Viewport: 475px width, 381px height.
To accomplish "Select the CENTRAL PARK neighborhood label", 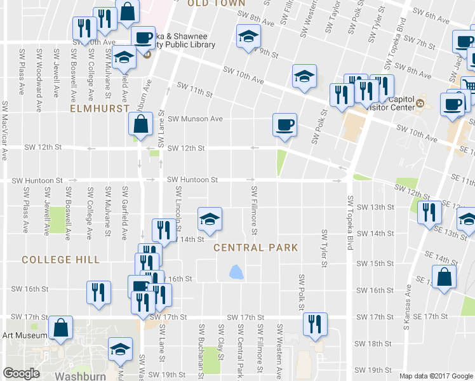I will (247, 247).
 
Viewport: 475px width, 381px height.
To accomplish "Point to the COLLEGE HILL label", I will (60, 260).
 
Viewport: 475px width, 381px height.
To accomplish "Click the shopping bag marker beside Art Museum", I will (62, 328).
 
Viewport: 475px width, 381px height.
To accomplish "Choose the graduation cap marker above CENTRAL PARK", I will (210, 219).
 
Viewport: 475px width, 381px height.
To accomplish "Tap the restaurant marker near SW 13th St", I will (430, 212).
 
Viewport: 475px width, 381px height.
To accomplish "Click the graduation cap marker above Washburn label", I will (119, 349).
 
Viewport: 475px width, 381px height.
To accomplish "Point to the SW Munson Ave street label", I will (200, 119).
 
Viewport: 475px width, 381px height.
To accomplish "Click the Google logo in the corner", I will (22, 373).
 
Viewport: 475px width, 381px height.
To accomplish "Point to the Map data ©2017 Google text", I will (435, 376).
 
